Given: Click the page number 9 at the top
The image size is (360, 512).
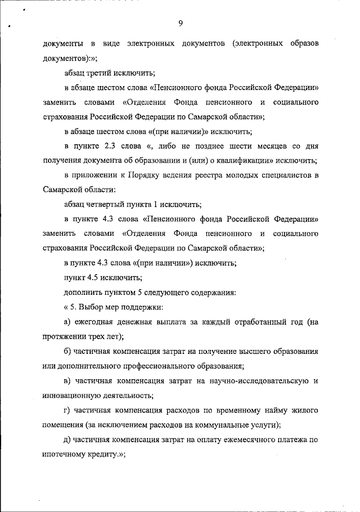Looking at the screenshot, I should tap(181, 23).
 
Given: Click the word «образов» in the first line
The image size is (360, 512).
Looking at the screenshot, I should tap(300, 43).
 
